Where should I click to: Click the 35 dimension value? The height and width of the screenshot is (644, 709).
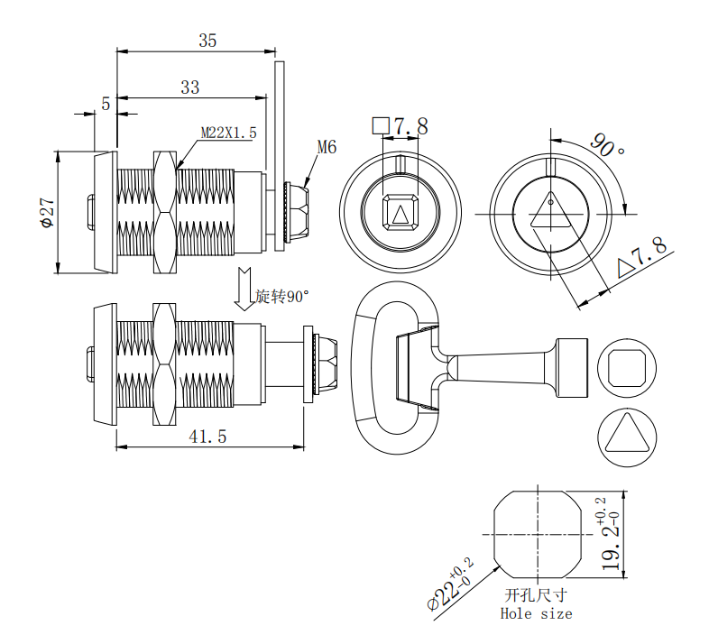pos(207,41)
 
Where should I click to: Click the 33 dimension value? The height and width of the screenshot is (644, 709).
pos(190,87)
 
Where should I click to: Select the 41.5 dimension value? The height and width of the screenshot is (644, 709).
pos(207,437)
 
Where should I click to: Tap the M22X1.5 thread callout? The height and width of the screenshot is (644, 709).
pos(228,133)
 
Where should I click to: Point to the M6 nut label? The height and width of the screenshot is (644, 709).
pos(327,147)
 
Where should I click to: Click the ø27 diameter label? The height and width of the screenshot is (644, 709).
pos(48,213)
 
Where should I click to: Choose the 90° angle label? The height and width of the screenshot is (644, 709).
pos(607,145)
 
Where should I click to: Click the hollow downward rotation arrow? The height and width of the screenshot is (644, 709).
pos(244,289)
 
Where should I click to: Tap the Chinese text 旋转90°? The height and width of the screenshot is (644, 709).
pos(281,296)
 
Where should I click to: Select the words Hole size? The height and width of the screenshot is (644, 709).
pos(537,613)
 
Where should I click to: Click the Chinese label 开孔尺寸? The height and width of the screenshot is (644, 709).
pos(537,594)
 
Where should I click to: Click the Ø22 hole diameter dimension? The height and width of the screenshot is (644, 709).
pos(450,584)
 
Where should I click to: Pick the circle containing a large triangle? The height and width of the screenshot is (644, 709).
pos(627,437)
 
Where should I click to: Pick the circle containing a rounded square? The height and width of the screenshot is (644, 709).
pos(627,368)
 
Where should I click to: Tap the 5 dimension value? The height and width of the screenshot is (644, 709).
pos(106,104)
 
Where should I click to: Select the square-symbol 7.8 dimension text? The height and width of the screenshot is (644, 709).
pos(401,126)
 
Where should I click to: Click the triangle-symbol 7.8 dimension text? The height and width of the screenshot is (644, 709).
pos(642,258)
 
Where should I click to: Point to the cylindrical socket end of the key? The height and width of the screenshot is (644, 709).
pos(572,368)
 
